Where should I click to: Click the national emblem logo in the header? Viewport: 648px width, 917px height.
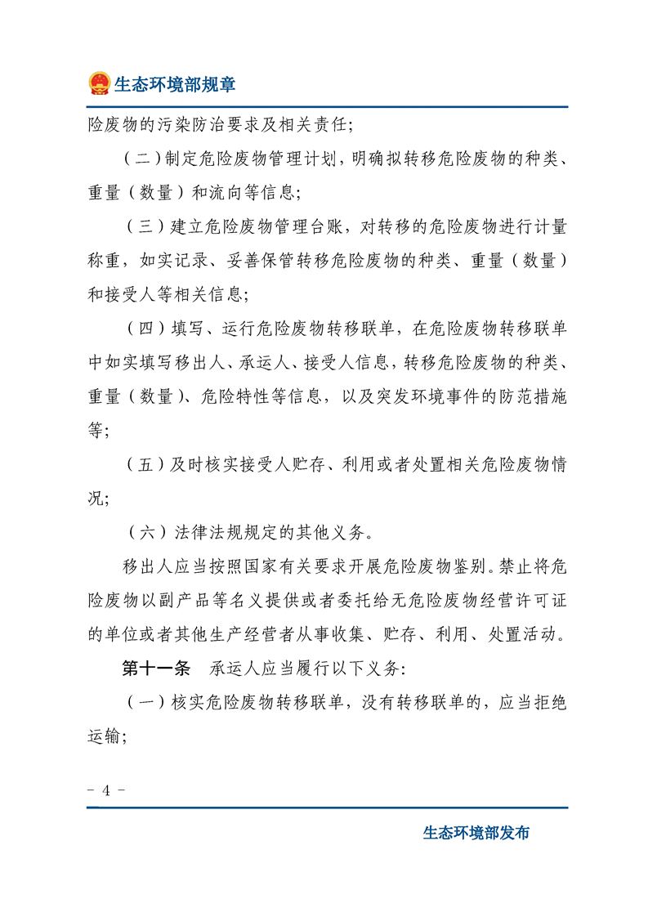pos(99,83)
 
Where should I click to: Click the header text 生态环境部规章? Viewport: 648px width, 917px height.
pos(175,83)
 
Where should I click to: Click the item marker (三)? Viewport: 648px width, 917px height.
pos(145,226)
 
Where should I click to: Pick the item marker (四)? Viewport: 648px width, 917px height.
pos(145,329)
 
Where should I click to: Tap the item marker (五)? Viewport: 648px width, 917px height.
pos(145,465)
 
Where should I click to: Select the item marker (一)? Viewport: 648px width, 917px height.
pos(145,702)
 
